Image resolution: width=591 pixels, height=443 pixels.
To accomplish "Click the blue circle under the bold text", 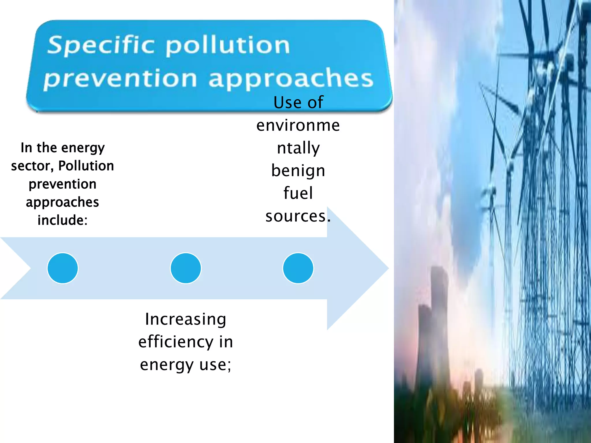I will (63, 268).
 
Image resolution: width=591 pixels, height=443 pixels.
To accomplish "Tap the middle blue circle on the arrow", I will (186, 268).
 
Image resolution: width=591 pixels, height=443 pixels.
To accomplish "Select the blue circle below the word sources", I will (298, 268).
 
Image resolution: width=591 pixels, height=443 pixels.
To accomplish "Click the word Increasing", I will (186, 319).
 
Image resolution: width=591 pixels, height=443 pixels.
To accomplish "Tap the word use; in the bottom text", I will (215, 365).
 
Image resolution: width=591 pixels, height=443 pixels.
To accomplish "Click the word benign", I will (298, 171).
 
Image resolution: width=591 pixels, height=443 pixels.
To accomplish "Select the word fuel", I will (298, 193).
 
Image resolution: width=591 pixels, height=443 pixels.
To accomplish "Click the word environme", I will (298, 125).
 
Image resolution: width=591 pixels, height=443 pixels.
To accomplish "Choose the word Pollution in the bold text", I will (86, 166).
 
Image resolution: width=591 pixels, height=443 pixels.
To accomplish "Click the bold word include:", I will (62, 220).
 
